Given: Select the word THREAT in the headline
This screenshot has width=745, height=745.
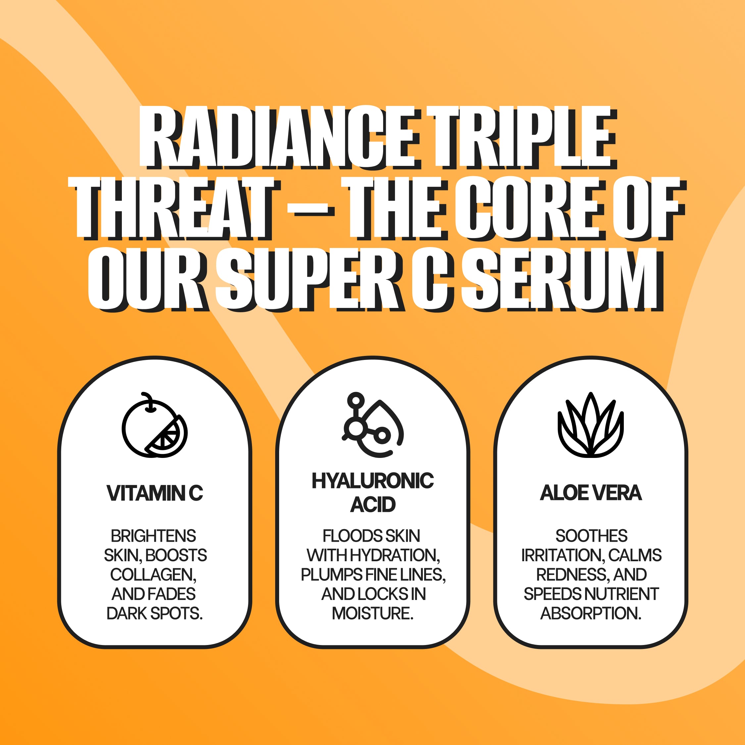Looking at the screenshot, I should (173, 208).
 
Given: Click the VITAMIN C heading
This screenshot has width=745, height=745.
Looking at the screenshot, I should (155, 493).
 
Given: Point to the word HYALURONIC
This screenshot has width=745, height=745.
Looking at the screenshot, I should (372, 481).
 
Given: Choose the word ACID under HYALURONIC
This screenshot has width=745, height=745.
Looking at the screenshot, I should (372, 504).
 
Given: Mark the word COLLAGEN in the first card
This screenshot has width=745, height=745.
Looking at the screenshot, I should (153, 574).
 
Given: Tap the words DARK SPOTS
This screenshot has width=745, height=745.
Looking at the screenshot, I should (154, 613).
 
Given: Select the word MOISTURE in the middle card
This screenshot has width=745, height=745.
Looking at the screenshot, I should (372, 613).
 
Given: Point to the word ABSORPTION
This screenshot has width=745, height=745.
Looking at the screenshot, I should (590, 613).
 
